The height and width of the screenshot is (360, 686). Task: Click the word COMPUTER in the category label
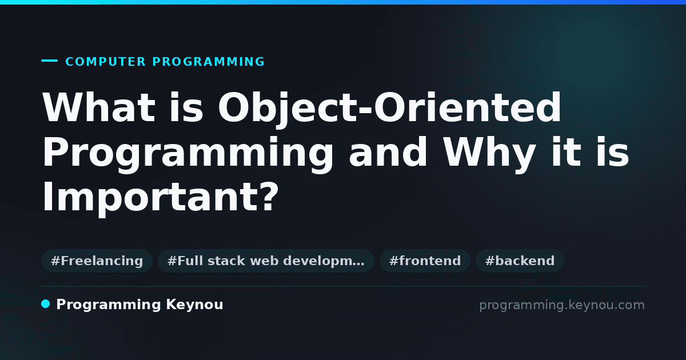(105, 62)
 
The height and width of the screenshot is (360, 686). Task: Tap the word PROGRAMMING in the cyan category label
(208, 62)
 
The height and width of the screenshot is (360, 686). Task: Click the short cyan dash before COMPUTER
(49, 61)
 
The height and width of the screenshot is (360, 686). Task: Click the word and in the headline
(388, 152)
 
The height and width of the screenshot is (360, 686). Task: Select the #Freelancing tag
(97, 261)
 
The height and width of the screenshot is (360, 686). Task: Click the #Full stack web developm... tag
(266, 261)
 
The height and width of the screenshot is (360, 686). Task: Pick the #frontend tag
(425, 261)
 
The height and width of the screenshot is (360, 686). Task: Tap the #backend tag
(520, 261)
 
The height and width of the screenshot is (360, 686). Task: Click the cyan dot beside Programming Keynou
(46, 304)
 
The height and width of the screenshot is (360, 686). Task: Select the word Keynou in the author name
(194, 305)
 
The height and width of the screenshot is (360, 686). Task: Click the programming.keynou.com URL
(562, 305)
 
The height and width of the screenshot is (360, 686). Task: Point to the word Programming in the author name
(109, 305)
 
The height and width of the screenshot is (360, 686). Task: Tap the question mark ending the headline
(270, 196)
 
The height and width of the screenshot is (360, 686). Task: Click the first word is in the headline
(186, 108)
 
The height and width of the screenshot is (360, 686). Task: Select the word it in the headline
(566, 152)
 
